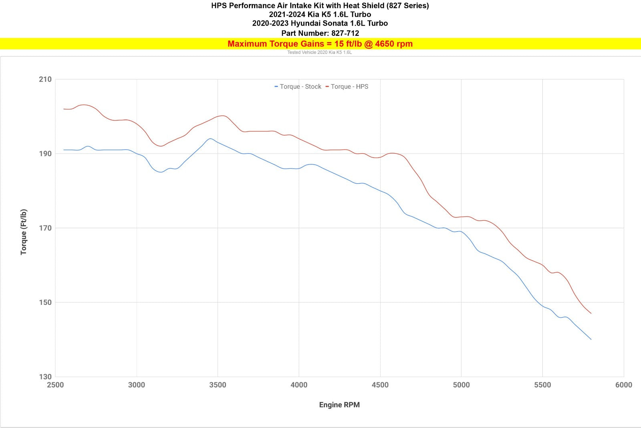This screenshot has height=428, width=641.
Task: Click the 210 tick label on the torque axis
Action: click(45, 79)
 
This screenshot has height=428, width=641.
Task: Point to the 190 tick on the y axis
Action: click(45, 154)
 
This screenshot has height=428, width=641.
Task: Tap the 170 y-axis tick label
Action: click(45, 228)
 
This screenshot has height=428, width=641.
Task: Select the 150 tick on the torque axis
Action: click(45, 302)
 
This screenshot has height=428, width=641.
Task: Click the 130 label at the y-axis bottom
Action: click(45, 377)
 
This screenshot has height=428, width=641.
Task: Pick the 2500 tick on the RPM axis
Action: click(55, 385)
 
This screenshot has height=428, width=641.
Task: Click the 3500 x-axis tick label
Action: click(218, 385)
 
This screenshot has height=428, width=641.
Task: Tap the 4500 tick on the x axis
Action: click(380, 385)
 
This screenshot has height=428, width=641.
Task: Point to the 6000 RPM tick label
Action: click(623, 385)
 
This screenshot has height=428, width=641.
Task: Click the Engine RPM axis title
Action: click(339, 405)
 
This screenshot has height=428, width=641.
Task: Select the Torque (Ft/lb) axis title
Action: click(24, 232)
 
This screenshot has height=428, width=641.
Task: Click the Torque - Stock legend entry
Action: click(298, 87)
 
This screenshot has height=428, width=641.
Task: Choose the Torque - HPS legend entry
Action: click(347, 87)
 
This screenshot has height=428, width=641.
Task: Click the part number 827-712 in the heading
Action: click(345, 33)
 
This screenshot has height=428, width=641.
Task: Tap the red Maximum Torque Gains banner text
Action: click(320, 44)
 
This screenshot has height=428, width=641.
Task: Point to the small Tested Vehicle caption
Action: click(319, 53)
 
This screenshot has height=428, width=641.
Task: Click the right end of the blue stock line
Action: click(591, 339)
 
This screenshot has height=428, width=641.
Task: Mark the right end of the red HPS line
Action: click(591, 313)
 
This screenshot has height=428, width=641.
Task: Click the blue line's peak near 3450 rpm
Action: click(210, 139)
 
